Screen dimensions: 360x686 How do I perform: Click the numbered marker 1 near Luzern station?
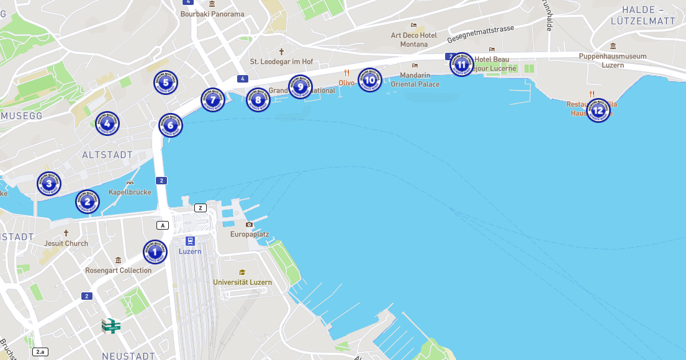(x=155, y=252)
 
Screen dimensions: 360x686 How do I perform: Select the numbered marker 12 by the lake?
(x=598, y=110)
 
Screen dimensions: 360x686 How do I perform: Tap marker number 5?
(x=165, y=83)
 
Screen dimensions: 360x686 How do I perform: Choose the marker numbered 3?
(x=49, y=184)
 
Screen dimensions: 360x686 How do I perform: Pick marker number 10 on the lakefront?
(x=369, y=80)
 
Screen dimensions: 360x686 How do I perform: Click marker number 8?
(x=258, y=100)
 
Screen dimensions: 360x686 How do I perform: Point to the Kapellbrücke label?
(x=130, y=192)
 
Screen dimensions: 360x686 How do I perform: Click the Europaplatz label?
(x=249, y=234)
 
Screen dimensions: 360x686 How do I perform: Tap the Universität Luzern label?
(x=242, y=282)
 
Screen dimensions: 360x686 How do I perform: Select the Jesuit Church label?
(x=66, y=243)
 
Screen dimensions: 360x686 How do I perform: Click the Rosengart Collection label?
(x=118, y=270)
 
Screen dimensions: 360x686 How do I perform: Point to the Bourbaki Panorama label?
(x=212, y=14)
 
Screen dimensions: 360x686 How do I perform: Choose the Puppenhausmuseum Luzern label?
(x=613, y=60)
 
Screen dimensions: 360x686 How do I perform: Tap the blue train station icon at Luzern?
(x=190, y=241)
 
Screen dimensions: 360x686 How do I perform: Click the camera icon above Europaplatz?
(x=250, y=224)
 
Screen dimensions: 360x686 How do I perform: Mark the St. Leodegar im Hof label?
(x=281, y=61)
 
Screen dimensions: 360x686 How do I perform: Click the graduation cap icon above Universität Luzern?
(x=242, y=272)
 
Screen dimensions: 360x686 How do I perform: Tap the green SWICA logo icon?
(x=111, y=325)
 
